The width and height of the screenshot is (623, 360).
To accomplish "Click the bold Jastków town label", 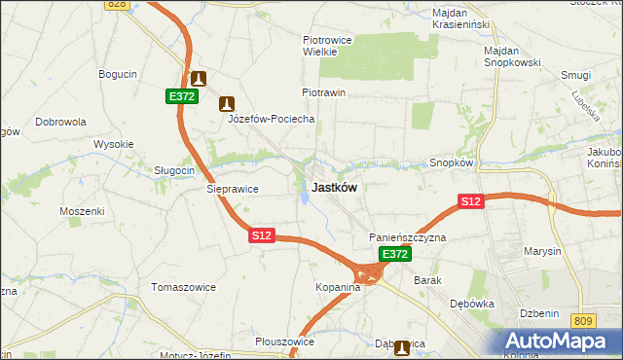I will click(333, 188).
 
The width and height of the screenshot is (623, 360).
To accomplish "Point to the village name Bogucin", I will click(117, 73).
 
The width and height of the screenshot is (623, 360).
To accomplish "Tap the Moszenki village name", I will click(82, 211).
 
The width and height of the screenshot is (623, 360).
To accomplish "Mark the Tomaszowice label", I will click(182, 287).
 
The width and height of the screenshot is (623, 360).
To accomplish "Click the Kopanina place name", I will click(338, 288).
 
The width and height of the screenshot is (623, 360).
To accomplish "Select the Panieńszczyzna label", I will click(407, 237).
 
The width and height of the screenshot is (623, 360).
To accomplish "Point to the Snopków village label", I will click(451, 163).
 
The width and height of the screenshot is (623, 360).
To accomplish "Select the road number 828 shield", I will click(117, 5).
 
